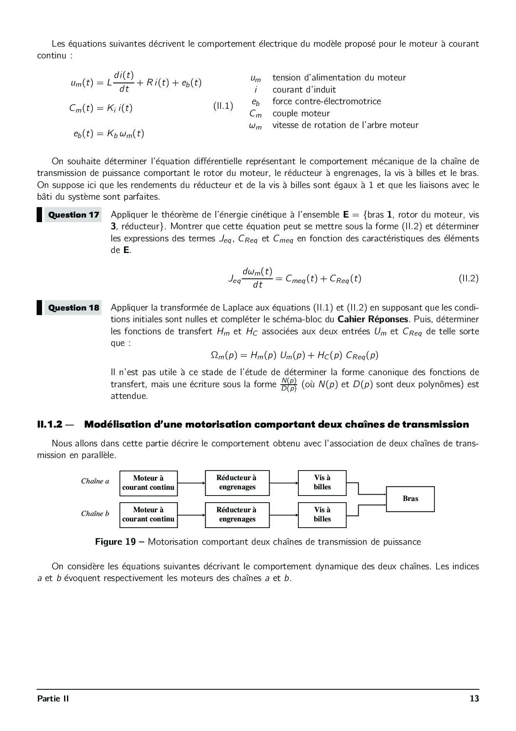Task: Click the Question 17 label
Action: coord(73,215)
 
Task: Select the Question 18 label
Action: coord(73,308)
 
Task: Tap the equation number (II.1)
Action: coord(223,106)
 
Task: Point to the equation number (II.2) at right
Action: coord(469,278)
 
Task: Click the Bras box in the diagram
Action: coord(410,499)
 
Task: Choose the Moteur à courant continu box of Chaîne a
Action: coord(148,483)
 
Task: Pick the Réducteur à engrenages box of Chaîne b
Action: coord(237,515)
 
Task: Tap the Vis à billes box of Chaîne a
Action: coord(322,483)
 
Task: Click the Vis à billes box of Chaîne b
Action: coord(322,515)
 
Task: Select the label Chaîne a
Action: coord(95,481)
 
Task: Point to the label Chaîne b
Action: coord(95,514)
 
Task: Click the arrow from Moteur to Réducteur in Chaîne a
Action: coord(191,483)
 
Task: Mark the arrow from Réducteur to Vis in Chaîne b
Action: coord(284,515)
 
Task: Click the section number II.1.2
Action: coord(50,425)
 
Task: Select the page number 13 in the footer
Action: coord(474,699)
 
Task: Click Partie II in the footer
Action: coord(53,699)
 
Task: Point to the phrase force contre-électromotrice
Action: coord(327,101)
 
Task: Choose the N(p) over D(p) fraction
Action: coord(289,385)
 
